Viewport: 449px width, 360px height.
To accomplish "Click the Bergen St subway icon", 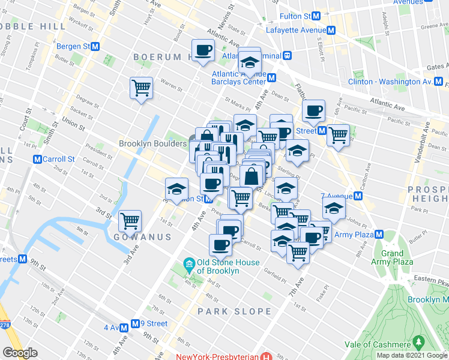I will pyautogui.click(x=95, y=46).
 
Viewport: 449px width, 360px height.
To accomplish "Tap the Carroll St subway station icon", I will pyautogui.click(x=37, y=160).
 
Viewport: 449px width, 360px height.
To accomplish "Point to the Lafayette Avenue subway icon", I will pyautogui.click(x=330, y=29).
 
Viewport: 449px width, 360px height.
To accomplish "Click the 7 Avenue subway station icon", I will pyautogui.click(x=358, y=196).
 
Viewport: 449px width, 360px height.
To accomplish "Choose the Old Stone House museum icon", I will pyautogui.click(x=188, y=263).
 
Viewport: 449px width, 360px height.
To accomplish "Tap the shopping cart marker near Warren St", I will pyautogui.click(x=141, y=88).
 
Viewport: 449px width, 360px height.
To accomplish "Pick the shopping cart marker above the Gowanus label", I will pyautogui.click(x=130, y=221).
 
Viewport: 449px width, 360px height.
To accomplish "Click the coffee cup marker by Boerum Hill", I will pyautogui.click(x=203, y=50).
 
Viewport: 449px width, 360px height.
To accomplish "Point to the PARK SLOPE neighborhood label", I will pyautogui.click(x=235, y=311).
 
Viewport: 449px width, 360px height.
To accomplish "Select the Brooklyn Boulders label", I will pyautogui.click(x=152, y=144).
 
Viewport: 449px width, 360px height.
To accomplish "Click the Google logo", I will pyautogui.click(x=20, y=353).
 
